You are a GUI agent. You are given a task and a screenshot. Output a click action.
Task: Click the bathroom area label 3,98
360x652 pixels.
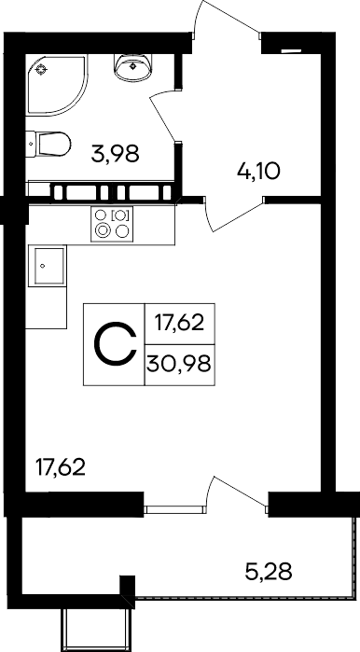point(115,154)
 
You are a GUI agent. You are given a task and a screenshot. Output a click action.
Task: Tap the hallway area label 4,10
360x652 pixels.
point(258,171)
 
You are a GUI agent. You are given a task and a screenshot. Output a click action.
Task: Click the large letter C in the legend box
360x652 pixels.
point(115,344)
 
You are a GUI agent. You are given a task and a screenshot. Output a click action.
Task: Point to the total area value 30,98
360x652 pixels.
point(179,365)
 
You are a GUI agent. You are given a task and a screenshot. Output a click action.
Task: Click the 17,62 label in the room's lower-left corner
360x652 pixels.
point(61,467)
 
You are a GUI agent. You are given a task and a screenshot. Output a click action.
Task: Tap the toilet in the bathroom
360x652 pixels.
point(48,144)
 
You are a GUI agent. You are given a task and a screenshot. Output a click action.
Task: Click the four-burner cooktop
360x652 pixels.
point(112,223)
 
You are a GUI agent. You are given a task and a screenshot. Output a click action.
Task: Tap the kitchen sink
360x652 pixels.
point(47,266)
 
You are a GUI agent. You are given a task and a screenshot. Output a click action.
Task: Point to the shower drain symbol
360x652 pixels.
point(41,69)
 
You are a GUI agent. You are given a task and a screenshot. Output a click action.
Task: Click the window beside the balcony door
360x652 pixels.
point(174,509)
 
